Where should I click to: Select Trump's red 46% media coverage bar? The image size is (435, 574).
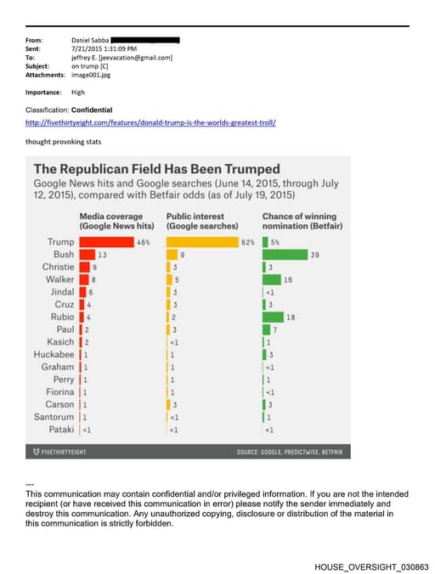[x=106, y=243]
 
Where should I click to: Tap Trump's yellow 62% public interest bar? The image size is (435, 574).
[x=203, y=243]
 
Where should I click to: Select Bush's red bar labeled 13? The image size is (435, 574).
[x=87, y=255]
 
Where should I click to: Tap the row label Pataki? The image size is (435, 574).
[x=60, y=430]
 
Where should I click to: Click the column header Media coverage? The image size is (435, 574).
[x=116, y=222]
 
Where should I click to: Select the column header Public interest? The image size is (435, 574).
[x=201, y=222]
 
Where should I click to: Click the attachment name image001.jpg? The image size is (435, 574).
[x=91, y=75]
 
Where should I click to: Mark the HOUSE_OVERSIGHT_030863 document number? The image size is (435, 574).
[x=371, y=565]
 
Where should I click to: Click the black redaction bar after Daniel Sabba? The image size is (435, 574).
[x=145, y=40]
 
